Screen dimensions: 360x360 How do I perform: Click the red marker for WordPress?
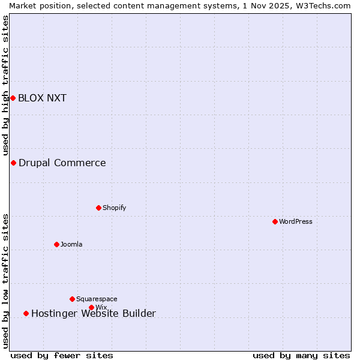click(x=275, y=221)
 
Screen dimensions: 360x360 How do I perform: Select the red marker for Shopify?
click(x=98, y=208)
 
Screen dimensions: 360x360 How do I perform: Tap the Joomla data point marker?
click(x=56, y=244)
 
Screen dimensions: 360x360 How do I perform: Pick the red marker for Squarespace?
click(x=72, y=299)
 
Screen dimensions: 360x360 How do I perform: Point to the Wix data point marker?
click(x=91, y=307)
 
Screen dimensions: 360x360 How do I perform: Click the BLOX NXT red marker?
click(x=13, y=98)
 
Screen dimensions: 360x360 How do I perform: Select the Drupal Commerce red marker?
click(x=13, y=163)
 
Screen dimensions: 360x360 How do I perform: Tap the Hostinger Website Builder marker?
click(x=26, y=313)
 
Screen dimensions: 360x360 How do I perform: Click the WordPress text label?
click(x=296, y=221)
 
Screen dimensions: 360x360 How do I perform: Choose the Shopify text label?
click(x=114, y=208)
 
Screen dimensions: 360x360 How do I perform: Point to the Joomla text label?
click(x=71, y=244)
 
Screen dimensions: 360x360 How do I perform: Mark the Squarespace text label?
click(x=97, y=299)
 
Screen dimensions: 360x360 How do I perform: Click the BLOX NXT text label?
click(x=42, y=98)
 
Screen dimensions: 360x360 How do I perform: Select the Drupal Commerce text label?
click(x=62, y=163)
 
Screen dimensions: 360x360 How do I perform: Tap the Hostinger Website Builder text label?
click(x=94, y=313)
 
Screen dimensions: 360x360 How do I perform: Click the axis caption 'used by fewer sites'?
click(x=62, y=355)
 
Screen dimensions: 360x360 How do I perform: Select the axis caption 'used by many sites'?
click(x=301, y=355)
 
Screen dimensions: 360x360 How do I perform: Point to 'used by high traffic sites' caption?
click(x=5, y=86)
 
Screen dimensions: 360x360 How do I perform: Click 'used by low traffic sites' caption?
click(x=5, y=281)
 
